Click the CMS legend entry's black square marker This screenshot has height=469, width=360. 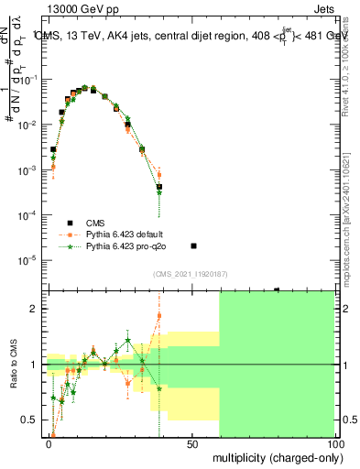pos(69,223)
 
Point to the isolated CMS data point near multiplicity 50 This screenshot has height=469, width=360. pos(192,245)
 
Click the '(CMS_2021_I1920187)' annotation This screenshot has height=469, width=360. pos(190,274)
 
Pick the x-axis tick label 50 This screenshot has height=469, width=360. pos(192,442)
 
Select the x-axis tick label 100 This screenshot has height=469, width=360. pos(333,442)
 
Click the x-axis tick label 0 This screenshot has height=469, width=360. pos(49,442)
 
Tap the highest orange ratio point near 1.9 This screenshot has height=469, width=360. pos(159,316)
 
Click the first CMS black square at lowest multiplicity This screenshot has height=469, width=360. pos(53,149)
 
